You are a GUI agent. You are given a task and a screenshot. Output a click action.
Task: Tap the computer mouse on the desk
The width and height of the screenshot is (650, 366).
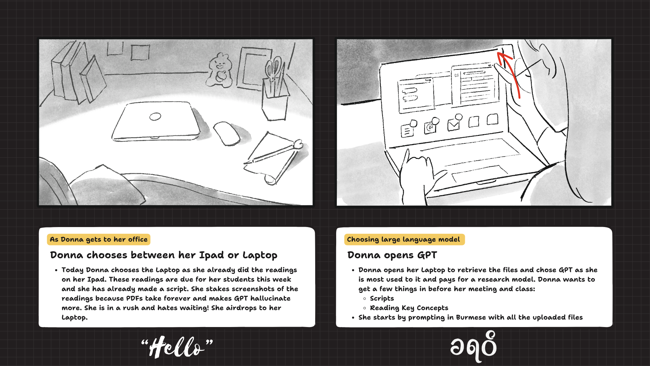click(227, 134)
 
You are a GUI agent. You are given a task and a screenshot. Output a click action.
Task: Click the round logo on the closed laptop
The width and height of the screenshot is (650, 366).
click(155, 117)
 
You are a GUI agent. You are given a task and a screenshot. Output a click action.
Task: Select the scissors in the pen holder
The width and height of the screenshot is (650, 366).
click(274, 69)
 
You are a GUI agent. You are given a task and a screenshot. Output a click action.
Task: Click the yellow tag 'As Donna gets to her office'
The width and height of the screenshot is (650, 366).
click(99, 239)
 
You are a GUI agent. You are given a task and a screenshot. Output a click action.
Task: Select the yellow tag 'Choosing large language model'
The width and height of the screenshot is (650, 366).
click(404, 239)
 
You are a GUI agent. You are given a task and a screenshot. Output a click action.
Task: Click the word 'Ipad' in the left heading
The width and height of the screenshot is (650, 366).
click(211, 255)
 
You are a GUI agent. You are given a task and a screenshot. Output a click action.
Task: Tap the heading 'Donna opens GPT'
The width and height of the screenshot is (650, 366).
click(392, 255)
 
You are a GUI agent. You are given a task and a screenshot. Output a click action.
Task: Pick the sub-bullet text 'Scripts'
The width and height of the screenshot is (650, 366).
click(382, 299)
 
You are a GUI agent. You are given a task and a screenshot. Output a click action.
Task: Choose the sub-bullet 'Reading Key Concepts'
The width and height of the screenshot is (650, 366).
click(409, 308)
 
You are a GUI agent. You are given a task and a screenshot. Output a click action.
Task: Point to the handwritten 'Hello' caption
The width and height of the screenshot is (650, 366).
click(177, 347)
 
